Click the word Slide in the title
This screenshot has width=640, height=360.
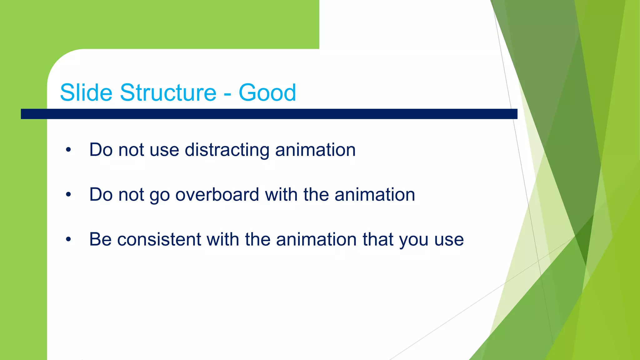pos(86,92)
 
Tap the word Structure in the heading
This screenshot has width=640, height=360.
pos(168,92)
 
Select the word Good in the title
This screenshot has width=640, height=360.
pos(267,92)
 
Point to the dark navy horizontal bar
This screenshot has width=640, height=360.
pos(269,114)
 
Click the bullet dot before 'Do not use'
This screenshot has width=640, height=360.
pos(68,150)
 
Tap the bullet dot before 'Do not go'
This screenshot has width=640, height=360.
pos(68,195)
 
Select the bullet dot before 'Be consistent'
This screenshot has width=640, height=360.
pos(68,240)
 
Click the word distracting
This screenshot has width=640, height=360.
pos(227,150)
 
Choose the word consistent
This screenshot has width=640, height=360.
pos(159,239)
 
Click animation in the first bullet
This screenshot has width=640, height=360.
pos(315,150)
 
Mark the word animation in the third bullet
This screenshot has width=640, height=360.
pos(316,239)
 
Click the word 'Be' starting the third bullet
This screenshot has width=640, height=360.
pos(100,239)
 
